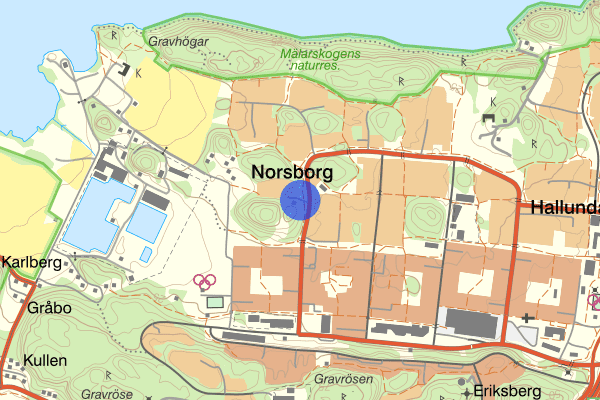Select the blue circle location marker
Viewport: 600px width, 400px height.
299,199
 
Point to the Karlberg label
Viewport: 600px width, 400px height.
32,263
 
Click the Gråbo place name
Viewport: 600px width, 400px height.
49,308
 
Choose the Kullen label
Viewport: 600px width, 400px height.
46,360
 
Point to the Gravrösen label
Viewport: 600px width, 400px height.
343,380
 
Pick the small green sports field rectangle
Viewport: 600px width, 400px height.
213,301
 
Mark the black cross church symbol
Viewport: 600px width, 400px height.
527,320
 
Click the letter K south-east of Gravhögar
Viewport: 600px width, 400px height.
139,73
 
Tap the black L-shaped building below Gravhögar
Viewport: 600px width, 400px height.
126,70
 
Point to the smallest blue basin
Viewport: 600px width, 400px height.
146,254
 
